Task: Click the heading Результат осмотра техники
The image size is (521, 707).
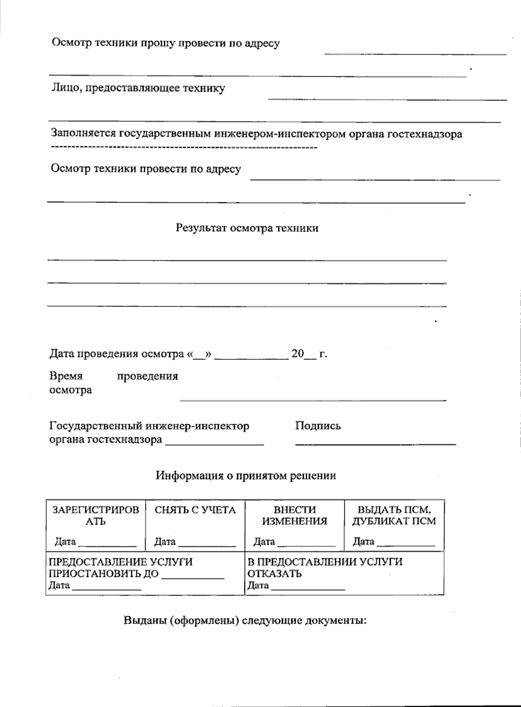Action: [x=247, y=228]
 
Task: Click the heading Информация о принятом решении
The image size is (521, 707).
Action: [x=246, y=476]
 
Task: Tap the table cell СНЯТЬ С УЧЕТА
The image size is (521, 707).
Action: [x=195, y=510]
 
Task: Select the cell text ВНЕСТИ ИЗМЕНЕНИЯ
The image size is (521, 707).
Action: [x=294, y=515]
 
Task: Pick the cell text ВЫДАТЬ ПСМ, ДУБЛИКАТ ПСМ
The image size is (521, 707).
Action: [x=394, y=515]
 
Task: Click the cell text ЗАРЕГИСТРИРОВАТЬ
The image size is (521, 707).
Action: [x=96, y=515]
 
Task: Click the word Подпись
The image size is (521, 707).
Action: [x=318, y=426]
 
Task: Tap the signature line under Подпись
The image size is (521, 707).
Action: [x=376, y=444]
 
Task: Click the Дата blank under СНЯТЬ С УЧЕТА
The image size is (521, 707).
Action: [x=207, y=545]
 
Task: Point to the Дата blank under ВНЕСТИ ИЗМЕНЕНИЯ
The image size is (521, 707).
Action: [x=307, y=545]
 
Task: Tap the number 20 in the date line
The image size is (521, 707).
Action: [x=297, y=354]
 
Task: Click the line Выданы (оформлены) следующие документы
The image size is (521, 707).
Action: [x=246, y=620]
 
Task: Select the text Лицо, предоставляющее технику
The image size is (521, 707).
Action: [x=138, y=88]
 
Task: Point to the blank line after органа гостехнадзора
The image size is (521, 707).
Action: [x=214, y=444]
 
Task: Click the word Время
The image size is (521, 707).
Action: [x=66, y=376]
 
